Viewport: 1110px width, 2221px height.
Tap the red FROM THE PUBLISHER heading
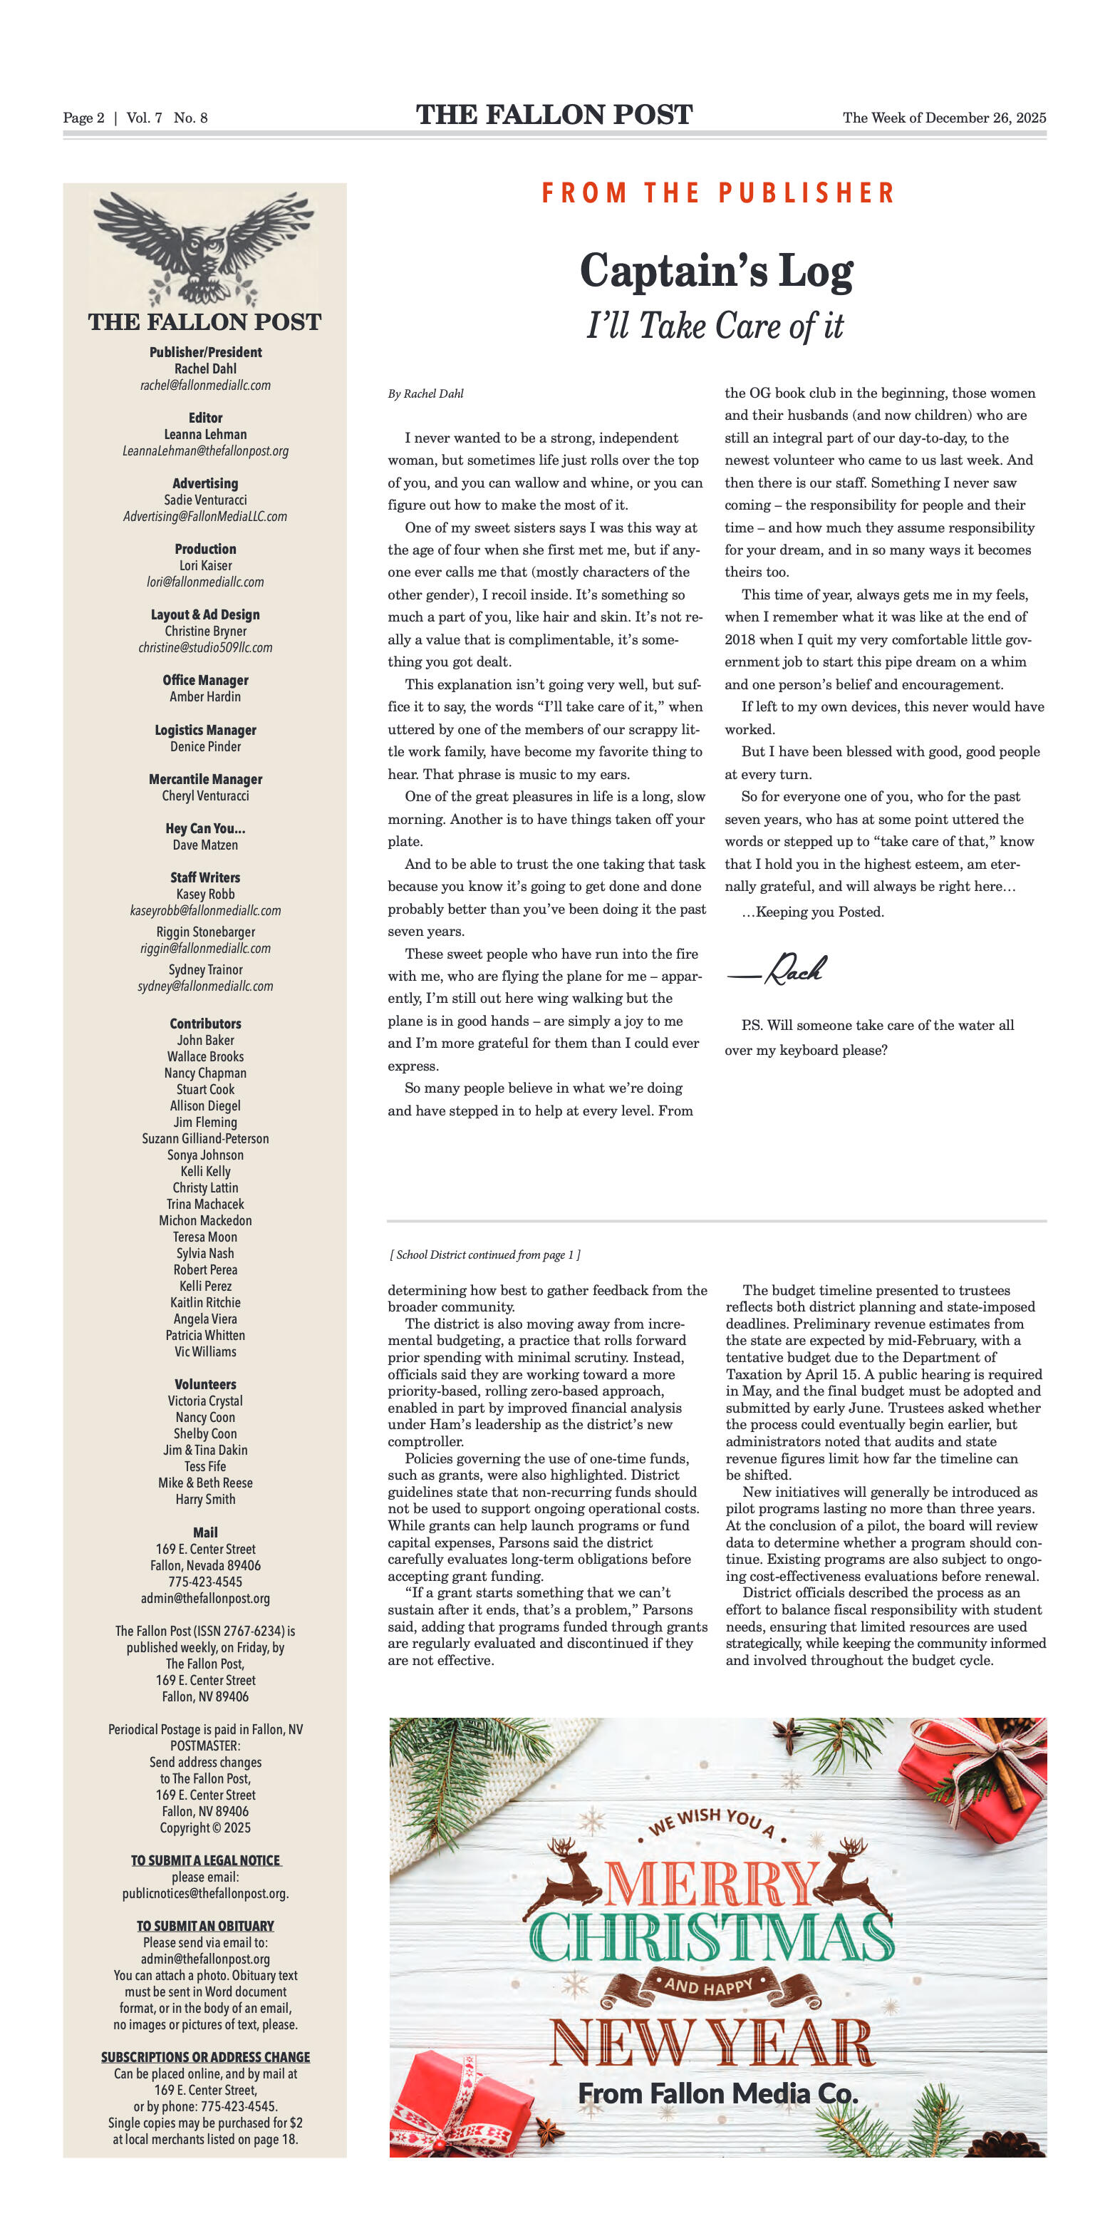pyautogui.click(x=718, y=193)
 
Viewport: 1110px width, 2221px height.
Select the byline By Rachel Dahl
pyautogui.click(x=426, y=394)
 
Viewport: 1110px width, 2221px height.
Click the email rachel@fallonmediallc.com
pyautogui.click(x=205, y=386)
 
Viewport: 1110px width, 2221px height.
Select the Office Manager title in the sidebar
pyautogui.click(x=205, y=680)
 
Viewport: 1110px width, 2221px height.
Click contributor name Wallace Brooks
pyautogui.click(x=205, y=1056)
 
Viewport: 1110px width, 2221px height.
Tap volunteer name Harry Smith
pyautogui.click(x=205, y=1500)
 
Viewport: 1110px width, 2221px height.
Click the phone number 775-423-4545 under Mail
pyautogui.click(x=205, y=1582)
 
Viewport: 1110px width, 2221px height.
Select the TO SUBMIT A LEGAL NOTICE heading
pyautogui.click(x=205, y=1860)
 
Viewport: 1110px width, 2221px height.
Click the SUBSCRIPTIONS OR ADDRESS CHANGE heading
pyautogui.click(x=205, y=2057)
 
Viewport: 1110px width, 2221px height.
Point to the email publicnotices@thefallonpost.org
pyautogui.click(x=205, y=1893)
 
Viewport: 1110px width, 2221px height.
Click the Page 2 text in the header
pyautogui.click(x=83, y=118)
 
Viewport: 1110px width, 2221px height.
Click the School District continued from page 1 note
pyautogui.click(x=485, y=1254)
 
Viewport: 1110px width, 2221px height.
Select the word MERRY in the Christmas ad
pyautogui.click(x=712, y=1884)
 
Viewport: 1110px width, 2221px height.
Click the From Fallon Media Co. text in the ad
pyautogui.click(x=717, y=2093)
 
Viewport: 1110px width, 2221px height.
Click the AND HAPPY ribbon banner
pyautogui.click(x=708, y=1986)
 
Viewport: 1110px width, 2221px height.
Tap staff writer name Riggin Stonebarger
pyautogui.click(x=205, y=932)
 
